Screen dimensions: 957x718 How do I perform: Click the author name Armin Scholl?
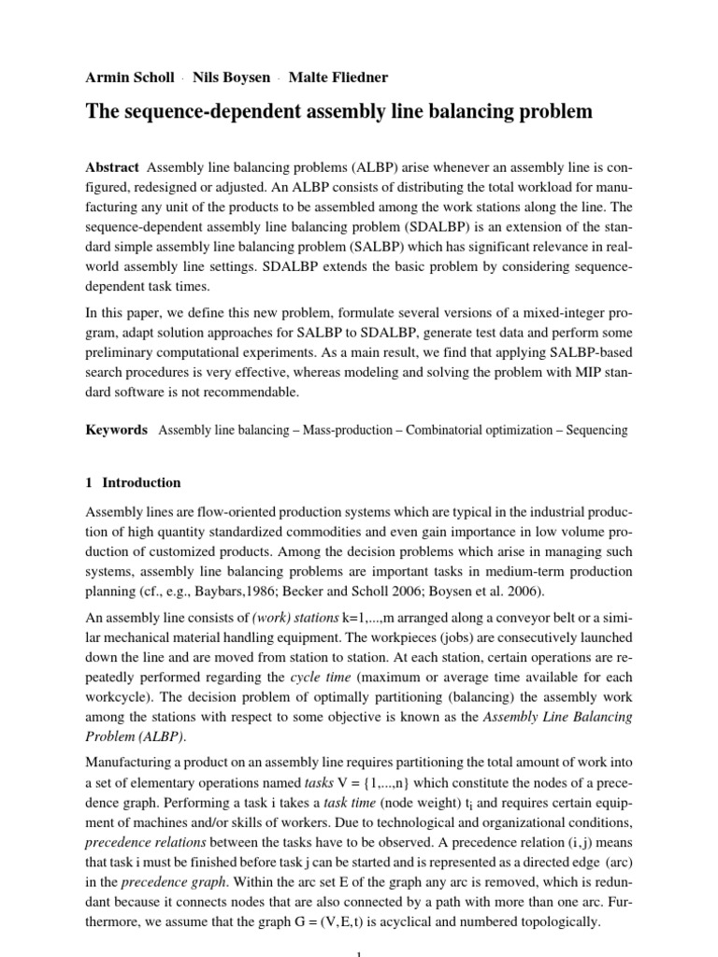[x=126, y=76]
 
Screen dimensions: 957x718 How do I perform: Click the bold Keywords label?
[x=117, y=430]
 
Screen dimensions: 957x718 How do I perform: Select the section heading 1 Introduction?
[x=133, y=483]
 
